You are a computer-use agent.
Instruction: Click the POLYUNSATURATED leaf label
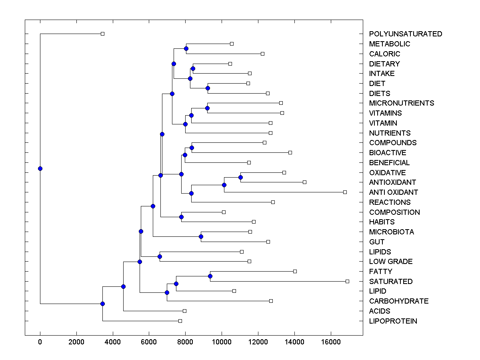406,34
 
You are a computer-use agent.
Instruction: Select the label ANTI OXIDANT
394,192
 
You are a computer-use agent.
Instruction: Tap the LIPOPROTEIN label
393,321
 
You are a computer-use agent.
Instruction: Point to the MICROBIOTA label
392,232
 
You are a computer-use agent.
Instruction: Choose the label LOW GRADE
391,262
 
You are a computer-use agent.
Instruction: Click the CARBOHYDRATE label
398,301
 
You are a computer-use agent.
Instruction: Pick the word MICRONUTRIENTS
401,103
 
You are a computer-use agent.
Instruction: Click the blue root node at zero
40,168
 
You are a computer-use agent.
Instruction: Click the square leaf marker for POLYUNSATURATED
102,34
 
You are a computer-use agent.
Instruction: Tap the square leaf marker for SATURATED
347,281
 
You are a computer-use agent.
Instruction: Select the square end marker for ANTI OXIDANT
345,192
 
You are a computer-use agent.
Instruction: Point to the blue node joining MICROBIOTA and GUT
201,236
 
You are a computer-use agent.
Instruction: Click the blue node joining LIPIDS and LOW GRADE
160,256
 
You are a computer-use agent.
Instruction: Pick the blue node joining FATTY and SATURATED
210,276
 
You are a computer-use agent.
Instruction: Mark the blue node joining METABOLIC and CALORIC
186,48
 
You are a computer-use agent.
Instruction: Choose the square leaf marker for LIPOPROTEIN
180,321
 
